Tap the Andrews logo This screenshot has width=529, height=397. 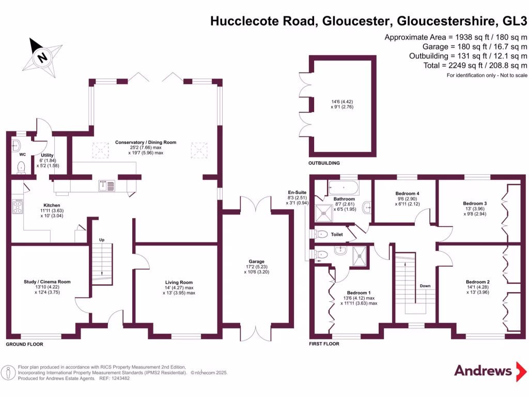pos(483,371)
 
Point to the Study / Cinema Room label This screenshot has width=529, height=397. pos(47,282)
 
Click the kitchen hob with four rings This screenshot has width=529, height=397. pos(18,207)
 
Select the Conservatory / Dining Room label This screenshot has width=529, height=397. pos(146,142)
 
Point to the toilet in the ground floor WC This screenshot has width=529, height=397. pos(21,167)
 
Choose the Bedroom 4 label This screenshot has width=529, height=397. pos(407,193)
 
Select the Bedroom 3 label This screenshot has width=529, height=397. pos(475,203)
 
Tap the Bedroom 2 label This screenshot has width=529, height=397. pos(475,282)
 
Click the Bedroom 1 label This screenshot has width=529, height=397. pos(359,292)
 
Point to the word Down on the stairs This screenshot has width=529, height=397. pos(425,286)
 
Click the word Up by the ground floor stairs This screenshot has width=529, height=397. pos(102,240)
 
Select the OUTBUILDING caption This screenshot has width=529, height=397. pos(324,163)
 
